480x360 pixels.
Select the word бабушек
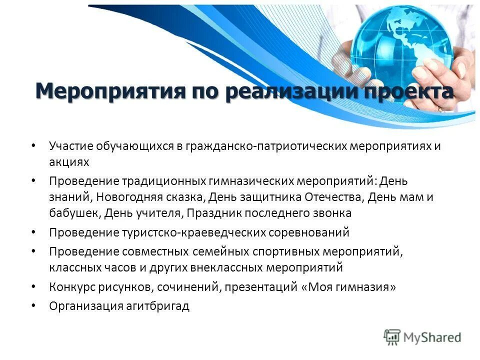click(x=75, y=213)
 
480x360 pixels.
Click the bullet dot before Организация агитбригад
click(x=33, y=304)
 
